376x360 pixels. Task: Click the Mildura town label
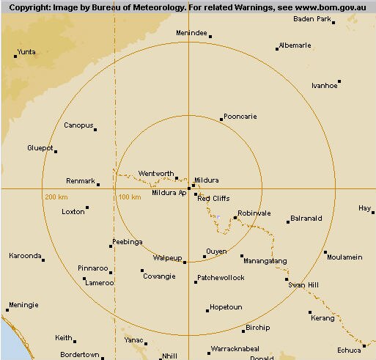[207, 180]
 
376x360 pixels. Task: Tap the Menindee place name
[193, 34]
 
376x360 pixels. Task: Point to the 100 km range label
[129, 197]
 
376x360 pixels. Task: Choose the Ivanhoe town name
[325, 85]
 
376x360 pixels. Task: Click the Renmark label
[81, 180]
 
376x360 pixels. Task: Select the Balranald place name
[306, 218]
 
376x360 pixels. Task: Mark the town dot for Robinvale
[235, 217]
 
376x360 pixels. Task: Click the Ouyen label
[216, 251]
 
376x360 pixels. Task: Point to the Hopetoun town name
[226, 306]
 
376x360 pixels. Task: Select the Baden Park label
[312, 18]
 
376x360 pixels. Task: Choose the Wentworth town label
[156, 174]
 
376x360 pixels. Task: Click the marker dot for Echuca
[364, 346]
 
